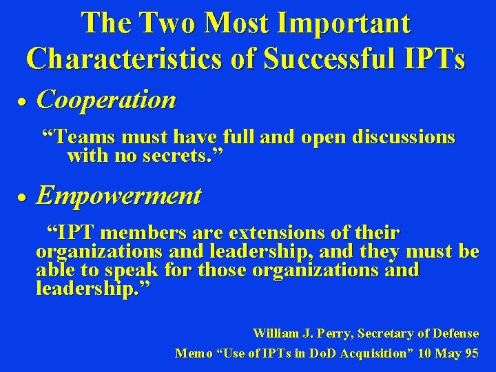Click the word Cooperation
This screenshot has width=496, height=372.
[x=106, y=101]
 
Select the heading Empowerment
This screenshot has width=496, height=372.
[x=118, y=196]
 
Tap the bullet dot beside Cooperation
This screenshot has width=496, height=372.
[x=21, y=102]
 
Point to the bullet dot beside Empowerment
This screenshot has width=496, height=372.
[x=21, y=198]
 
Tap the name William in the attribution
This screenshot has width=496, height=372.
[x=276, y=334]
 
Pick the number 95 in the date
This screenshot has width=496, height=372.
[x=471, y=353]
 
